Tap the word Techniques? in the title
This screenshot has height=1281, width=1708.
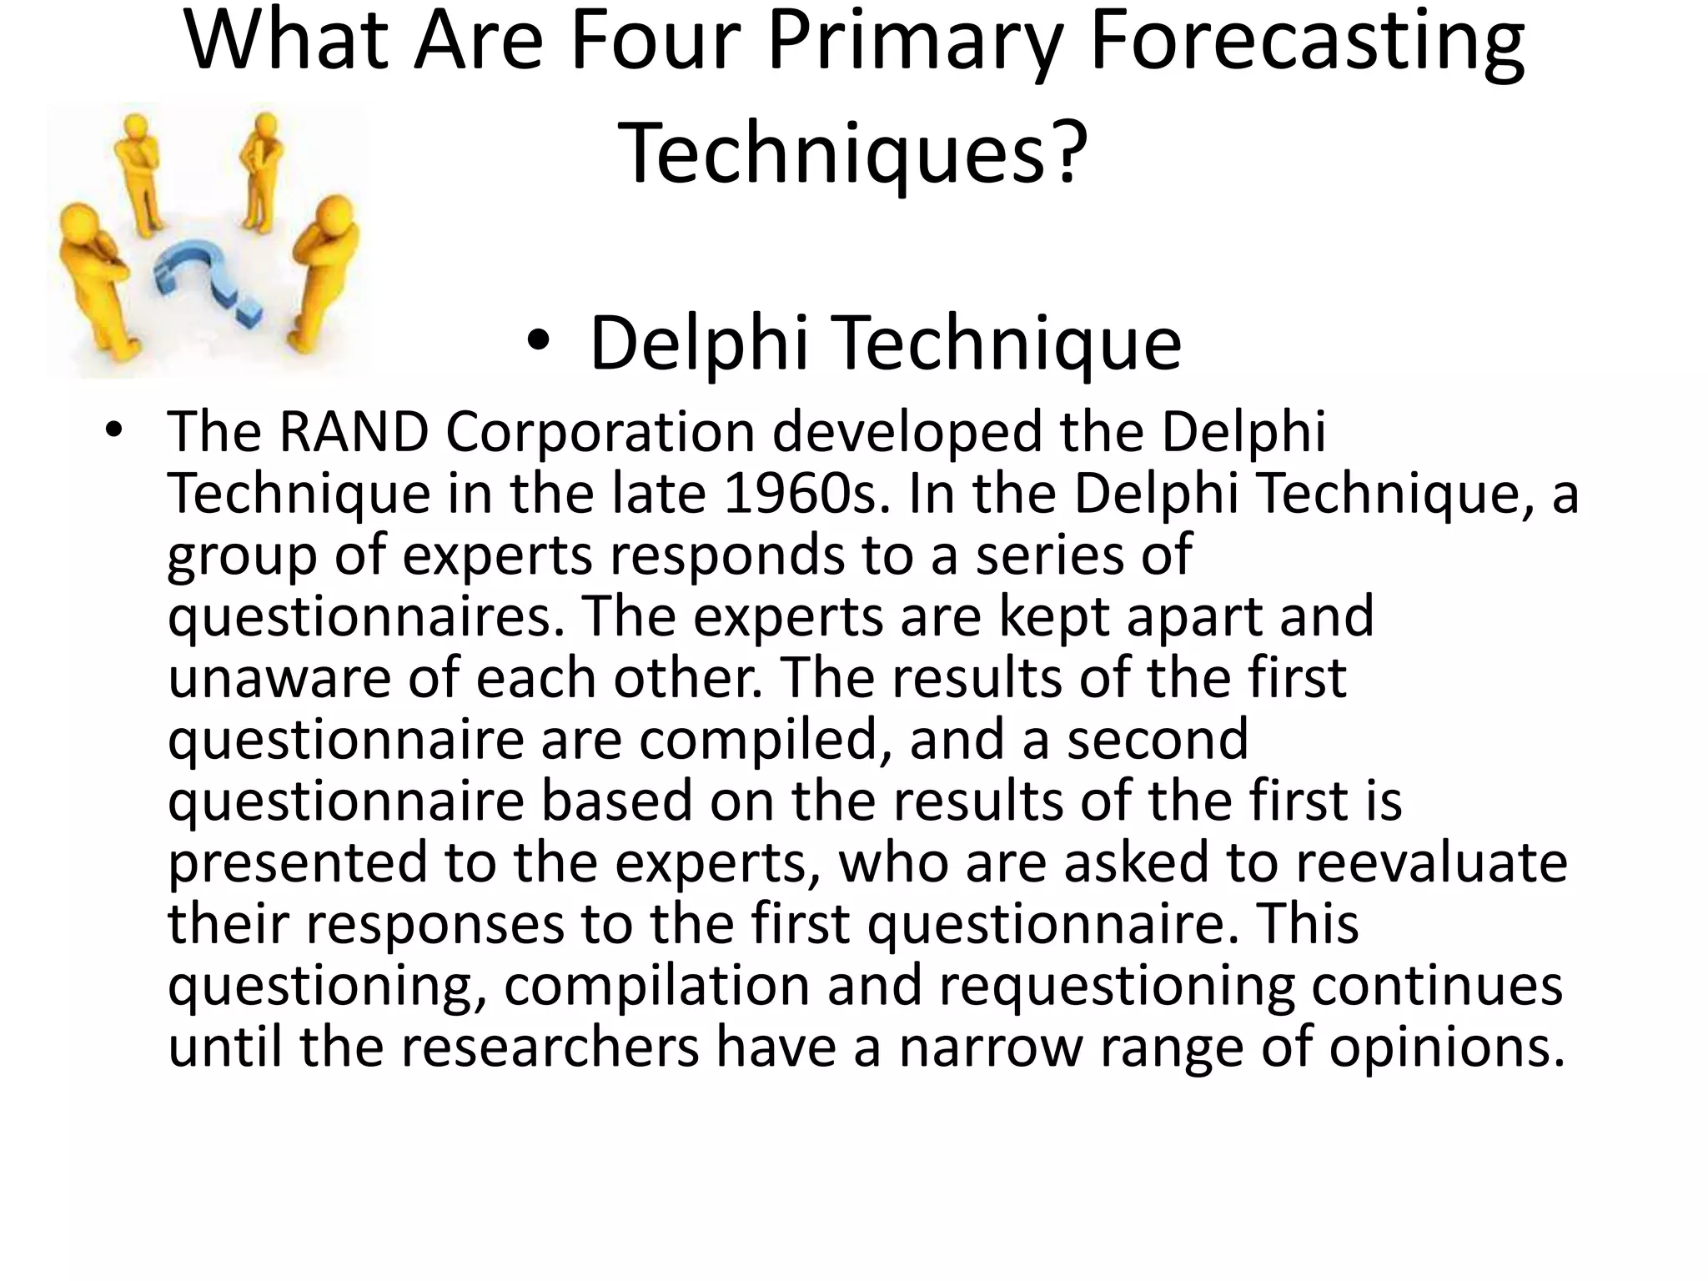click(x=852, y=152)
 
